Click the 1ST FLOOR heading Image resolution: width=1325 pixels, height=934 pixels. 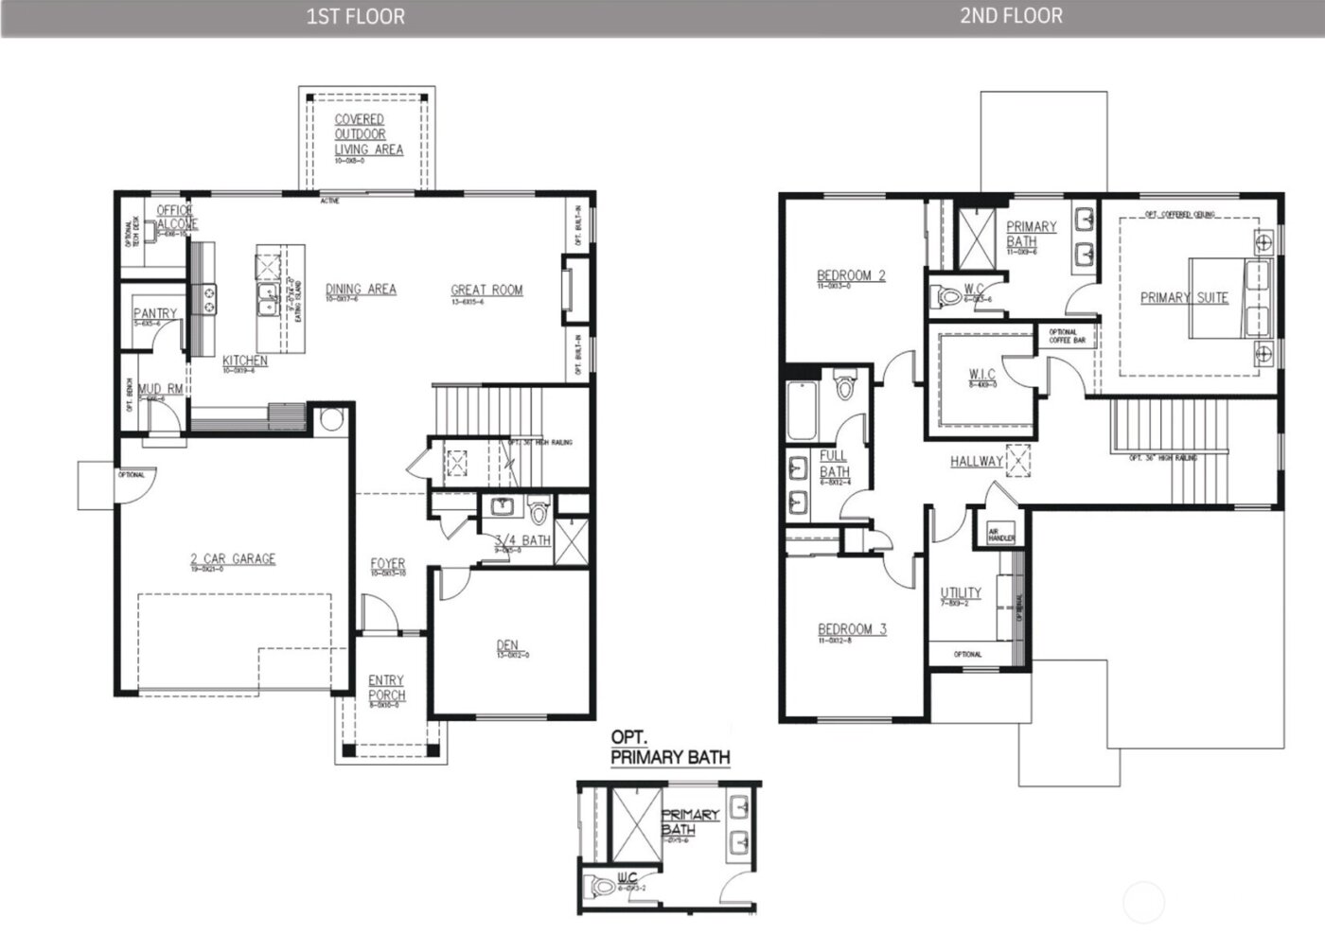coord(355,16)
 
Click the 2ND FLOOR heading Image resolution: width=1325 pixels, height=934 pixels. coord(1011,15)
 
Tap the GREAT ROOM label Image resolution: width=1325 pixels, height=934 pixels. coord(486,291)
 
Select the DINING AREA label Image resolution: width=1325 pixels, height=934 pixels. coord(361,290)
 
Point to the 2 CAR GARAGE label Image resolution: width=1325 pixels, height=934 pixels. coord(233,559)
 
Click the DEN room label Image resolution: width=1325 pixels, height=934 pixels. coord(508,646)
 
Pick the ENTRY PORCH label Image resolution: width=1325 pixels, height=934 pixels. coord(386,688)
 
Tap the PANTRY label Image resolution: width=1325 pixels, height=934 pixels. coord(155,313)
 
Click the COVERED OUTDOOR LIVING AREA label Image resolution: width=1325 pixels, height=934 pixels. coord(368,134)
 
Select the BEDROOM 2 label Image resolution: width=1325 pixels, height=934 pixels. coord(851,276)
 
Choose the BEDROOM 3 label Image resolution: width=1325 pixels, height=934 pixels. coord(852,629)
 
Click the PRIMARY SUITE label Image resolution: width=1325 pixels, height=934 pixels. coord(1184,297)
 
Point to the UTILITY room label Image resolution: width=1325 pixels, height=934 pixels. coord(961,593)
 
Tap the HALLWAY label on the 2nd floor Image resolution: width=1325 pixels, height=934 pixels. coord(976,462)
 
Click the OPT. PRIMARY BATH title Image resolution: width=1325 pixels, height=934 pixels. coord(670,748)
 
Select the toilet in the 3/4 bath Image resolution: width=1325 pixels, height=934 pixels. coord(539,511)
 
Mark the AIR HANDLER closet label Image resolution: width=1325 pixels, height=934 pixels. coord(1001,535)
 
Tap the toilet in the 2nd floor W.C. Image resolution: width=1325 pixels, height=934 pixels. coord(949,296)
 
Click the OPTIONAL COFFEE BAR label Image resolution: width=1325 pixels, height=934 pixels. coord(1067,336)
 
